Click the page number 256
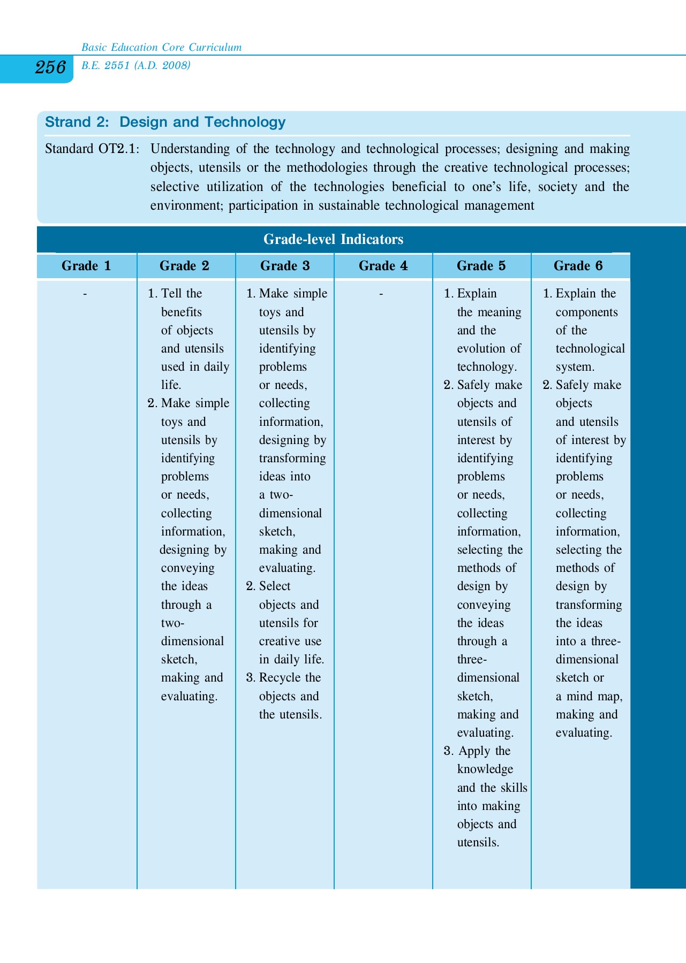click(50, 68)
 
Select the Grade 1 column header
click(86, 266)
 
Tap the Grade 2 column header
click(184, 266)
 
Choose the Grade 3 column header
click(285, 266)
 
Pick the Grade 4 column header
click(383, 266)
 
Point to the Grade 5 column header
click(481, 266)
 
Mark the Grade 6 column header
click(578, 266)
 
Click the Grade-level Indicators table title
click(333, 239)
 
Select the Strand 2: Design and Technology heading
click(165, 123)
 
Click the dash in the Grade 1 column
click(85, 294)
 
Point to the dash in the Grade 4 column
click(381, 294)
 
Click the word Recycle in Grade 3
click(280, 678)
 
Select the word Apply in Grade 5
click(474, 751)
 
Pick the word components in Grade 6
click(586, 312)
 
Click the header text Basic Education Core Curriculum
click(161, 48)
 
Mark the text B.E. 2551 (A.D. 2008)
click(136, 66)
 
